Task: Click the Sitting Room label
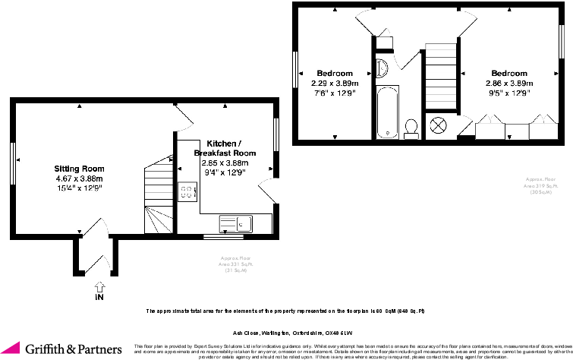(x=78, y=168)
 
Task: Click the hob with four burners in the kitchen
(x=187, y=191)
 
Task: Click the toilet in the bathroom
(x=413, y=128)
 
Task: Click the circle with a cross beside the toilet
(x=439, y=125)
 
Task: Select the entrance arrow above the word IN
(x=99, y=286)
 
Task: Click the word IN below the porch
(x=99, y=298)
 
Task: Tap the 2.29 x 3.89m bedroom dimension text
(x=335, y=83)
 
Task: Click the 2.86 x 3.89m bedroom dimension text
(x=508, y=83)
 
